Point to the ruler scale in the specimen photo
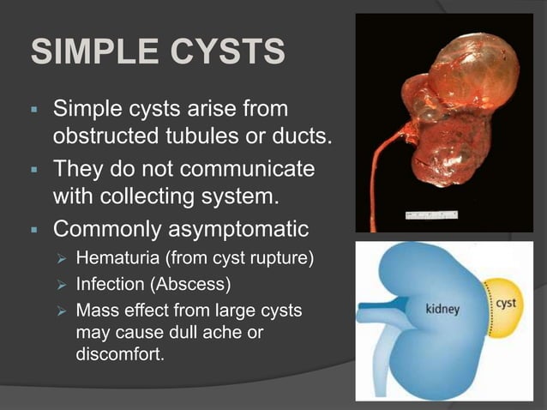(430, 214)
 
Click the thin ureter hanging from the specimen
(375, 172)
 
